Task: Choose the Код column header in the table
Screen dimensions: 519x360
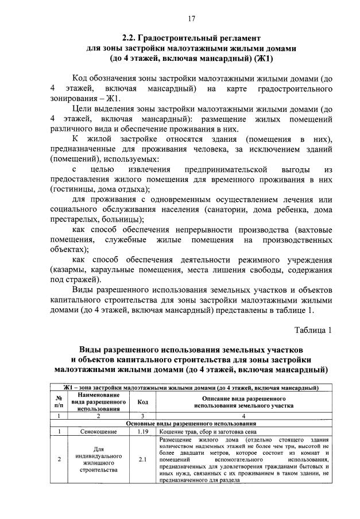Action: click(x=142, y=402)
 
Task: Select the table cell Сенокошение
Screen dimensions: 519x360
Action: click(x=98, y=431)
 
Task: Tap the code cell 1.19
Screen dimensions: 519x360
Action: click(x=142, y=431)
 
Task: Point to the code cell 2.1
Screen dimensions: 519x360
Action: click(x=142, y=459)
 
